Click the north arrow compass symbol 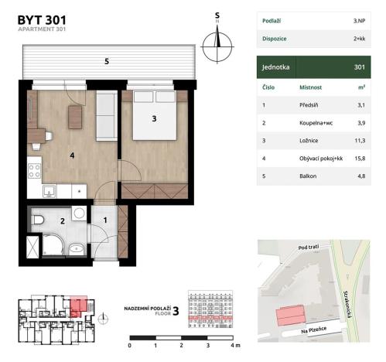click(218, 43)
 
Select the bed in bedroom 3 click(154, 117)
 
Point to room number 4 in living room click(71, 155)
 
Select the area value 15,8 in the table click(357, 159)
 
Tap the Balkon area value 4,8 click(358, 177)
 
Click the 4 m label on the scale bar click(236, 346)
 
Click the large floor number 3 click(176, 311)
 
